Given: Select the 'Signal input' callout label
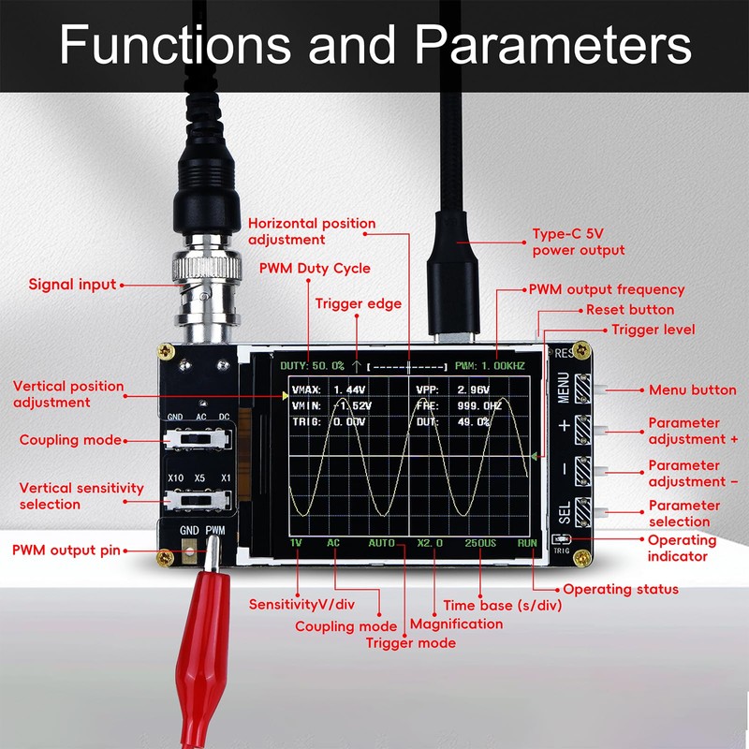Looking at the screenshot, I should [72, 285].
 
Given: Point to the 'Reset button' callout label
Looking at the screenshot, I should [629, 310].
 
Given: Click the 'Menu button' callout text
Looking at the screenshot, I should [693, 390].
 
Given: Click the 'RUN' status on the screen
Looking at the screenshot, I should [528, 543].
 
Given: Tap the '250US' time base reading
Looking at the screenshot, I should [479, 543].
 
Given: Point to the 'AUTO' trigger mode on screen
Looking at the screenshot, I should [381, 543].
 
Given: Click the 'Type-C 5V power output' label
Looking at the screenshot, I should [579, 242].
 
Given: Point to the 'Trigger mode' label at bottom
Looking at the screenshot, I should [410, 643].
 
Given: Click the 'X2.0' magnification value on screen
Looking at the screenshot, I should [429, 543].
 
